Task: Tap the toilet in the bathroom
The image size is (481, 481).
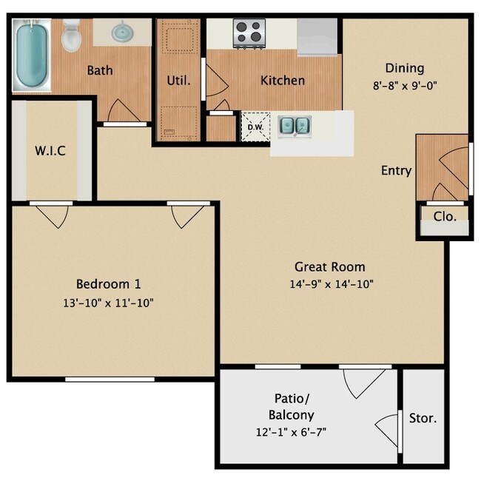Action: [x=71, y=36]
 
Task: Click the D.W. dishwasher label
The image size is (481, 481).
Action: [x=255, y=127]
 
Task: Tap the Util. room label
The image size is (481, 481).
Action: [x=179, y=80]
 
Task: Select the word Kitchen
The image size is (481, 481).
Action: [x=283, y=80]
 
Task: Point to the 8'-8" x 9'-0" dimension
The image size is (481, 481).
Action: [x=405, y=84]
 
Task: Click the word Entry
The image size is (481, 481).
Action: [x=396, y=170]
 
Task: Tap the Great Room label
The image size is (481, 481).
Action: [x=330, y=266]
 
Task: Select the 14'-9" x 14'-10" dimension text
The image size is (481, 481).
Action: [x=330, y=284]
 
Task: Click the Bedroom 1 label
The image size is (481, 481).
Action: [x=109, y=283]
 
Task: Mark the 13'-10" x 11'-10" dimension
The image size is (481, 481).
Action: [x=109, y=302]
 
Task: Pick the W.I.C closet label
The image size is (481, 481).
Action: [x=51, y=151]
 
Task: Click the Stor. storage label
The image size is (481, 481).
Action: [x=423, y=418]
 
